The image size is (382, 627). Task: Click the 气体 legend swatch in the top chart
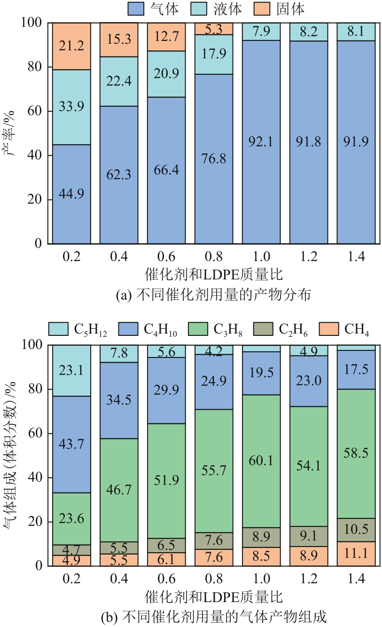pyautogui.click(x=137, y=8)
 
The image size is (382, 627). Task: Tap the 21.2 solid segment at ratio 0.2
pyautogui.click(x=71, y=46)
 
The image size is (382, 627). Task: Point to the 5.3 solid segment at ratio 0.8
pyautogui.click(x=213, y=29)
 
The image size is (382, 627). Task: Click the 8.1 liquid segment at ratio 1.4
pyautogui.click(x=356, y=32)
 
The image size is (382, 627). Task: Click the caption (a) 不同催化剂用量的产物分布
pyautogui.click(x=214, y=295)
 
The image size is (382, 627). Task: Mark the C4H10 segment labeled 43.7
pyautogui.click(x=71, y=444)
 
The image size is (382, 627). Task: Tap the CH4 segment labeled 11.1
pyautogui.click(x=356, y=554)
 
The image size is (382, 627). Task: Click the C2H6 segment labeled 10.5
pyautogui.click(x=356, y=530)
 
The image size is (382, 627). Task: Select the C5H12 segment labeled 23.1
pyautogui.click(x=71, y=371)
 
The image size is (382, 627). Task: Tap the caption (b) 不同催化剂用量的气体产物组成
pyautogui.click(x=214, y=616)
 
